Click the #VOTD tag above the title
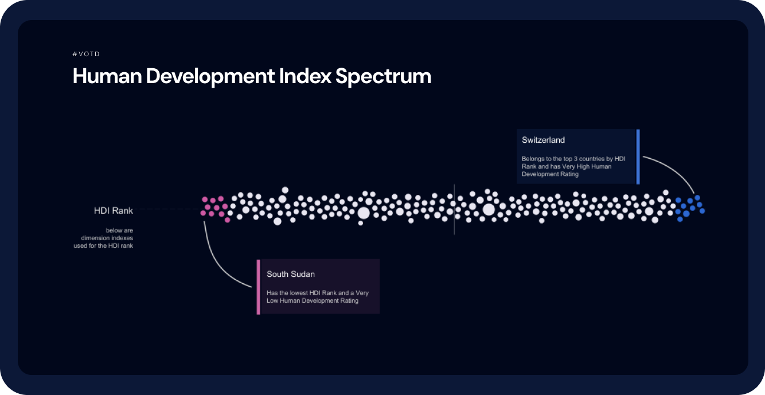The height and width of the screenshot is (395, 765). [x=86, y=54]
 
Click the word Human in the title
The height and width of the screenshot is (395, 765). [x=107, y=76]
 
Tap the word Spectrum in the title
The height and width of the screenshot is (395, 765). [x=383, y=76]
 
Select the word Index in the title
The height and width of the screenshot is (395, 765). [x=305, y=76]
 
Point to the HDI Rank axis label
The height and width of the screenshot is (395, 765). [x=114, y=210]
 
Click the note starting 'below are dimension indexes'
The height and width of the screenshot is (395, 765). [x=103, y=238]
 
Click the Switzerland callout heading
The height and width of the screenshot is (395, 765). [x=543, y=140]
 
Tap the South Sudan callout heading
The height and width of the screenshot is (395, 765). [x=291, y=274]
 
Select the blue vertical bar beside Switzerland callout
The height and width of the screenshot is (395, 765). [x=638, y=157]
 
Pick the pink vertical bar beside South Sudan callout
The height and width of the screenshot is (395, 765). [x=259, y=287]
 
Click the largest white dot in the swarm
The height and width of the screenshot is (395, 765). [x=489, y=210]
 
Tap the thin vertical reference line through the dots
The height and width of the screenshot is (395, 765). [x=454, y=209]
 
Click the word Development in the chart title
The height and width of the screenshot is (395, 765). [x=210, y=76]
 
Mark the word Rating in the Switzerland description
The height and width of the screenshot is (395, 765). [x=569, y=174]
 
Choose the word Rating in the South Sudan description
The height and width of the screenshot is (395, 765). [x=349, y=301]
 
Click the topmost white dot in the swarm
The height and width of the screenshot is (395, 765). [x=285, y=190]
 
